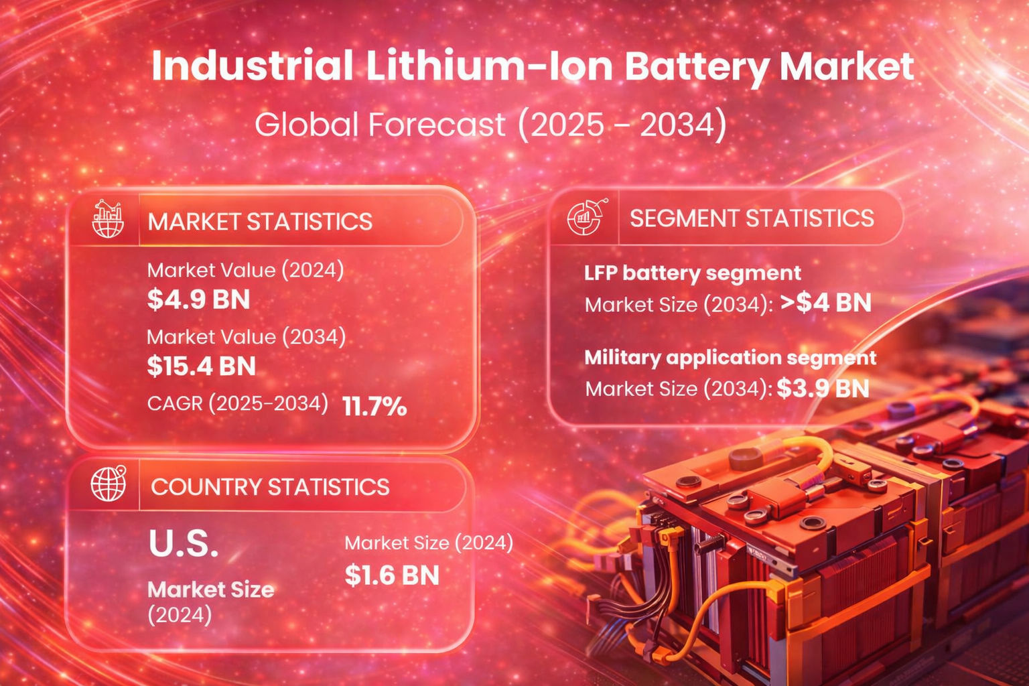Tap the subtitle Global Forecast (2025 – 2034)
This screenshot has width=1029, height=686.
(x=490, y=125)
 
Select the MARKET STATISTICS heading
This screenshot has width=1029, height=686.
(x=260, y=222)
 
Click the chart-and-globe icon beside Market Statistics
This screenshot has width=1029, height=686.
(x=108, y=219)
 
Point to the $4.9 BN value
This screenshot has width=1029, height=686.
(x=198, y=299)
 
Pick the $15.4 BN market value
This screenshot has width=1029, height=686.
(x=201, y=366)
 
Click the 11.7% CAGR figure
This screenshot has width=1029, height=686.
(x=374, y=406)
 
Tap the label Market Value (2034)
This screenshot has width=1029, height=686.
(x=246, y=336)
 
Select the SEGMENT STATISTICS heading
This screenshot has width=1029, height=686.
(x=752, y=218)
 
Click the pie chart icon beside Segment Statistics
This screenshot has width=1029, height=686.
(x=586, y=217)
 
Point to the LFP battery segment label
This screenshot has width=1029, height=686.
(x=692, y=273)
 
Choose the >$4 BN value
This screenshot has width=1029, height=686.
(x=825, y=303)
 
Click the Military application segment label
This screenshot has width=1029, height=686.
(x=730, y=357)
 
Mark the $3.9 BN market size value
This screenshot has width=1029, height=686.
(x=823, y=389)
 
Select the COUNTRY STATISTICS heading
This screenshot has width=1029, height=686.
(x=270, y=487)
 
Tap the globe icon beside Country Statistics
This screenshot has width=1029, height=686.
(x=109, y=483)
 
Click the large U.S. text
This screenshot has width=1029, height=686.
(x=184, y=544)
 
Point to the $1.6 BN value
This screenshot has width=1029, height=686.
(x=392, y=575)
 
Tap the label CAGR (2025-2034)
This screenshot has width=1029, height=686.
(x=238, y=403)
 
